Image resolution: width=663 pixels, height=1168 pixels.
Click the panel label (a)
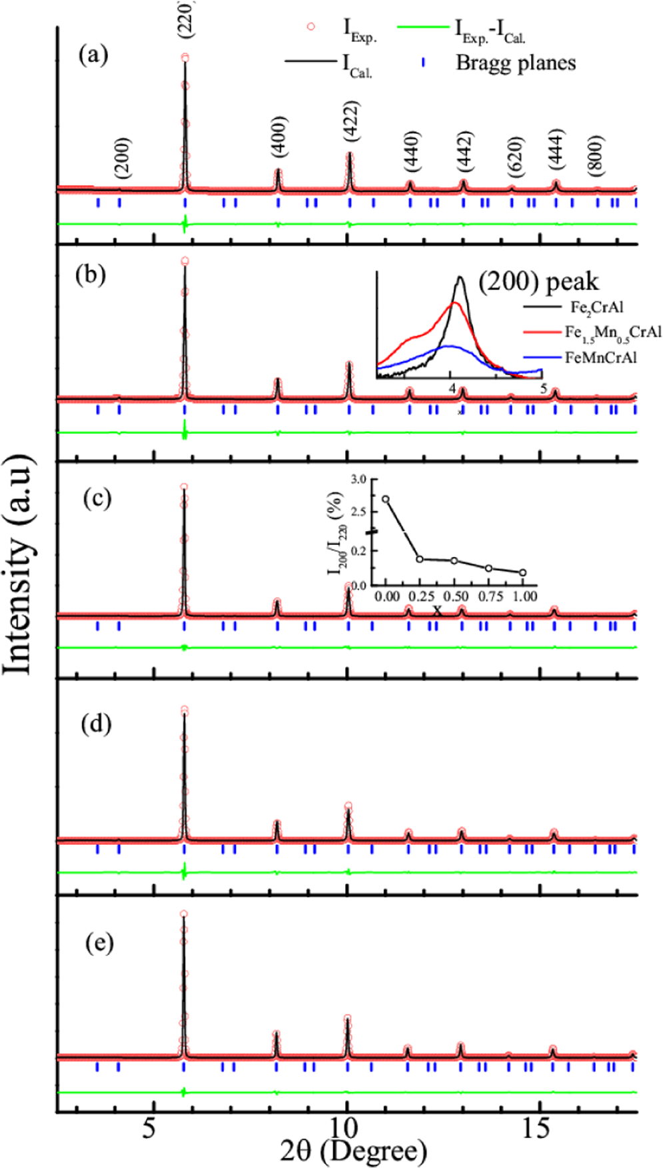click(93, 55)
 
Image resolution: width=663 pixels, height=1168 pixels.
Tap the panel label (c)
click(97, 498)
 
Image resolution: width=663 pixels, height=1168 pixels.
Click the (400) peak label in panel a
click(280, 137)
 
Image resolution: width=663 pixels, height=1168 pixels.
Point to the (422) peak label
click(351, 121)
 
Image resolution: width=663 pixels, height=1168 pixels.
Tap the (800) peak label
click(596, 155)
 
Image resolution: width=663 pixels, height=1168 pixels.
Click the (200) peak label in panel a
click(122, 157)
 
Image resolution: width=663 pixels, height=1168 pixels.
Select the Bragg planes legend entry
click(515, 63)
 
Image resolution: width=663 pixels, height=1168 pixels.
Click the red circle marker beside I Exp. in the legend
click(311, 27)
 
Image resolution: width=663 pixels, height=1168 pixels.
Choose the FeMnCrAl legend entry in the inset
click(600, 358)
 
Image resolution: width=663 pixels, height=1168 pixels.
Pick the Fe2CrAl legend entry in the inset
click(596, 308)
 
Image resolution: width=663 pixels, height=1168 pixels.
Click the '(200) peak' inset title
click(538, 282)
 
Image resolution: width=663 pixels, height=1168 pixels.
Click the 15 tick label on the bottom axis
click(538, 1128)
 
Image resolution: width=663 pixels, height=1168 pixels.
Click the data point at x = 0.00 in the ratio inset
click(386, 498)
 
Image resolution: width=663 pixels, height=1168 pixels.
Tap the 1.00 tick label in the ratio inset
click(525, 596)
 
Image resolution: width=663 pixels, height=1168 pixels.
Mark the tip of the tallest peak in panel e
click(184, 914)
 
